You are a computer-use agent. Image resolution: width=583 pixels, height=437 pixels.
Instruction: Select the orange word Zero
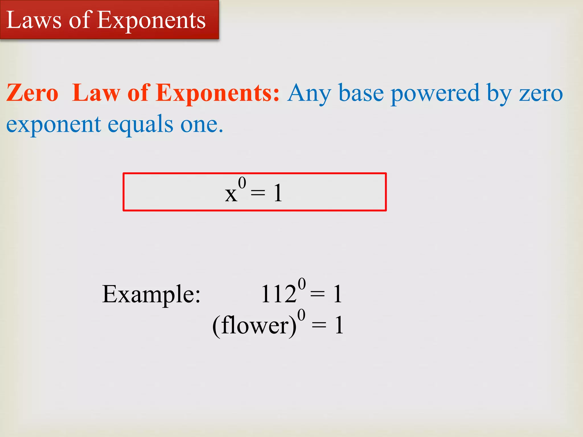tap(32, 93)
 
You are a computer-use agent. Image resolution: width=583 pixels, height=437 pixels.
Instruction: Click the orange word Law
tap(96, 93)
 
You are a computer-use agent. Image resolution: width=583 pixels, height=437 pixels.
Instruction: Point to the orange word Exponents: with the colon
tap(218, 93)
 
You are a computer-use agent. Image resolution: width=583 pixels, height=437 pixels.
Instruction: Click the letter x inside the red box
tap(231, 195)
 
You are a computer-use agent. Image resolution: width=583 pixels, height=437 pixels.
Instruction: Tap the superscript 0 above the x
tap(242, 183)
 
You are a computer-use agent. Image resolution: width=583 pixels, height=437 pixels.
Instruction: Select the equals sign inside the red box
tap(258, 193)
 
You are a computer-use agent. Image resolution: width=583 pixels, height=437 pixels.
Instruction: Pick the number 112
tap(279, 294)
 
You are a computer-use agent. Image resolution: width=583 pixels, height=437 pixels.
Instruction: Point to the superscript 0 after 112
tap(302, 284)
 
